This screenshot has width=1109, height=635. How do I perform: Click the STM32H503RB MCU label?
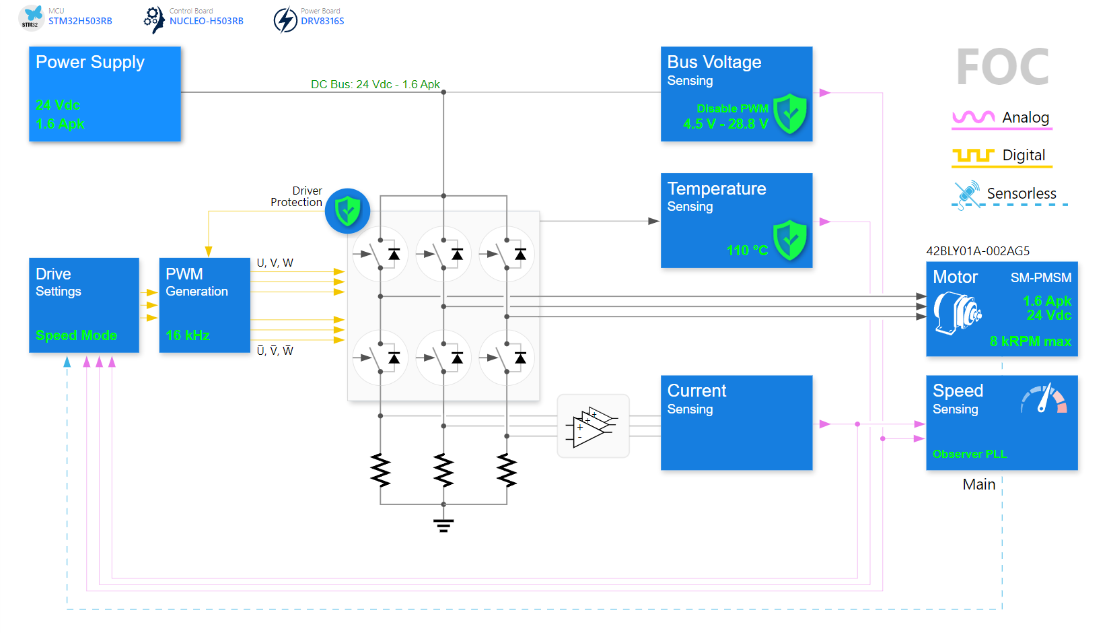coord(79,21)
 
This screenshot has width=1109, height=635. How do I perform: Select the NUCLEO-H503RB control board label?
coord(206,21)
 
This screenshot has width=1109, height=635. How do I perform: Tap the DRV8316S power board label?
coord(322,21)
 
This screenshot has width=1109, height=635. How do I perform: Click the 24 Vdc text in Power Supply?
coord(58,105)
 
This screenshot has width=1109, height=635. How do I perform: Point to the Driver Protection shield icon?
coord(347,211)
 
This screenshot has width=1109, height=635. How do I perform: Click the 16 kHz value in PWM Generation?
coord(188,335)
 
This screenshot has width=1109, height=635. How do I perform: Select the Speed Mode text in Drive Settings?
coord(76,335)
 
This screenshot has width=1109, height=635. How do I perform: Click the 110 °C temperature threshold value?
coord(747,250)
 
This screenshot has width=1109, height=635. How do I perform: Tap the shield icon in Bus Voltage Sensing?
coord(789,114)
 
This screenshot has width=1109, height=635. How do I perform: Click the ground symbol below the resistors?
coord(443,525)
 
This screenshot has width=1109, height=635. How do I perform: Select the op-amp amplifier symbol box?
coord(593,426)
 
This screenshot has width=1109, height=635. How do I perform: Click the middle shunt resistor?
coord(443,470)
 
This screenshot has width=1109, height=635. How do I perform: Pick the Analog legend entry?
coord(1001,118)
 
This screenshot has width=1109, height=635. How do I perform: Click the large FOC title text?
coord(1002,67)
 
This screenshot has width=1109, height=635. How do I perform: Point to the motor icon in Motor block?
coord(956,312)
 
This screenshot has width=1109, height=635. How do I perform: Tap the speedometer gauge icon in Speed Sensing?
coord(1043,399)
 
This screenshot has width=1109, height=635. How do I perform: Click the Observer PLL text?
coord(969,454)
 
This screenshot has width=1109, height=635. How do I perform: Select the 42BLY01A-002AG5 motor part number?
coord(977,251)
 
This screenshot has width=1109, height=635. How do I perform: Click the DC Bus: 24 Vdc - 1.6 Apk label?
coord(375,84)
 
